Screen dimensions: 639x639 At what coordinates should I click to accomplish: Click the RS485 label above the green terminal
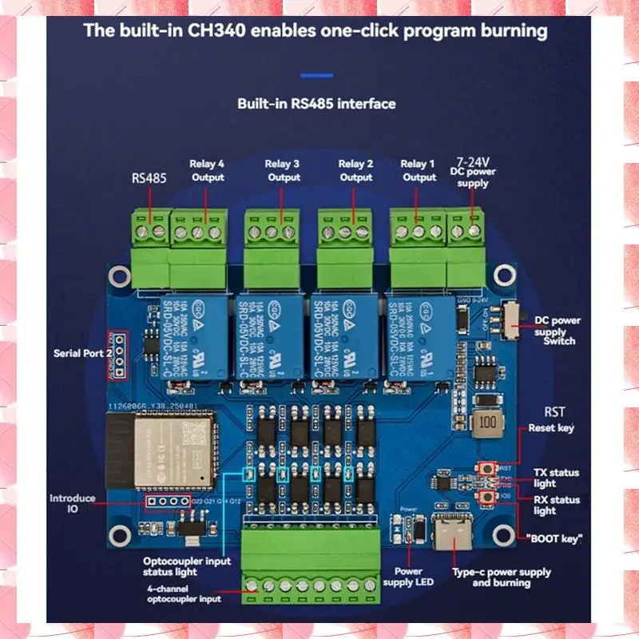pos(149,179)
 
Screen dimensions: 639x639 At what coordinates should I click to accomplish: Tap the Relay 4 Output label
pos(207,171)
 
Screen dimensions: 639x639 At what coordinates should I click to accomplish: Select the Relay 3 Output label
pos(283,171)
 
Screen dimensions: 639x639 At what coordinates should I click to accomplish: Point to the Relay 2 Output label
pos(355,171)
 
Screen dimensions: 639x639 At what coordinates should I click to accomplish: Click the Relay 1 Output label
pos(419,171)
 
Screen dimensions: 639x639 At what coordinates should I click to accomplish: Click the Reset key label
pos(551,428)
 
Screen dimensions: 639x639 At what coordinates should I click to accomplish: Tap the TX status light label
pos(556,478)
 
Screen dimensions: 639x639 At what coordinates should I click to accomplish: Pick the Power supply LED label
pos(414,577)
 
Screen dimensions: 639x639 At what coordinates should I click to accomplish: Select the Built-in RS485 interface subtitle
pos(316,104)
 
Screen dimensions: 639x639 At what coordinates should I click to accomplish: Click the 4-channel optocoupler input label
pos(184,593)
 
